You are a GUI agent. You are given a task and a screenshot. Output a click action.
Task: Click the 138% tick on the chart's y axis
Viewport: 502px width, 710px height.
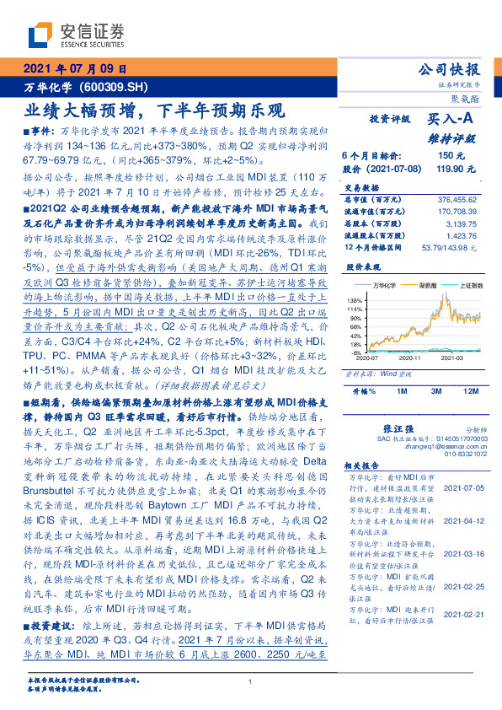pos(355,300)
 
